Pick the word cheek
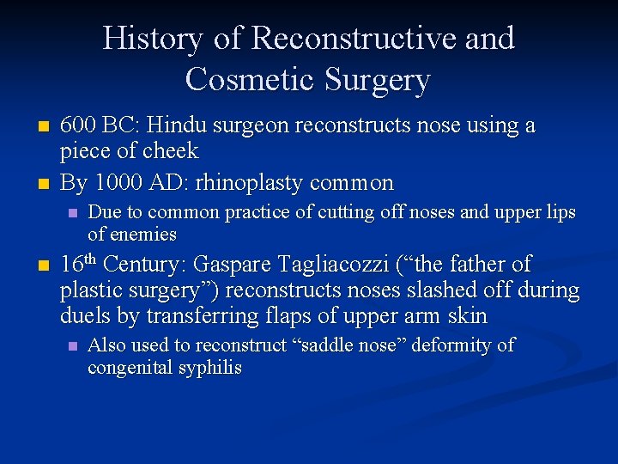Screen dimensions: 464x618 (172, 151)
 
